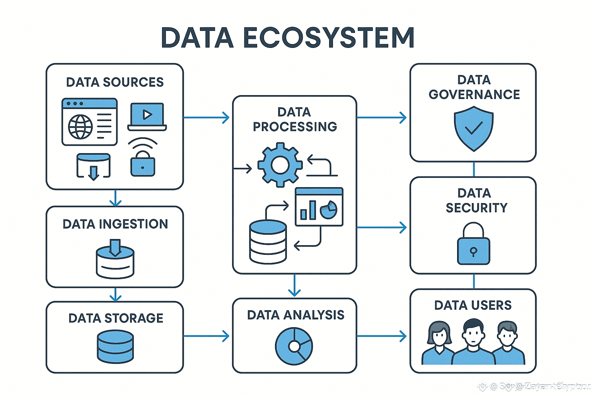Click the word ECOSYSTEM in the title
pos(329,38)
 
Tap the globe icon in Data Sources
pos(80,126)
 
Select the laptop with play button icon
pos(147,116)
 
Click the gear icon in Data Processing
pos(280,165)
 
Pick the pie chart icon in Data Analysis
pos(294,346)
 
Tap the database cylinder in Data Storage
pos(115,346)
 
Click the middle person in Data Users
pos(473,342)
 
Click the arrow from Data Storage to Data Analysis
pos(207,336)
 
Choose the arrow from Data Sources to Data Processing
pos(207,117)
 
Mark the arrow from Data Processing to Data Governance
pos(382,117)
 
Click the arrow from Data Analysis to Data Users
pos(382,336)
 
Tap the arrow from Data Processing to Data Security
pos(382,227)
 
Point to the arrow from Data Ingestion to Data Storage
pos(115,294)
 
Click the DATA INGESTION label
pos(115,224)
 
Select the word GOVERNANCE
pos(474,94)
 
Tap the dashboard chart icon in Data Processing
pos(319,207)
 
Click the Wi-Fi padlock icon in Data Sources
pos(143,159)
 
